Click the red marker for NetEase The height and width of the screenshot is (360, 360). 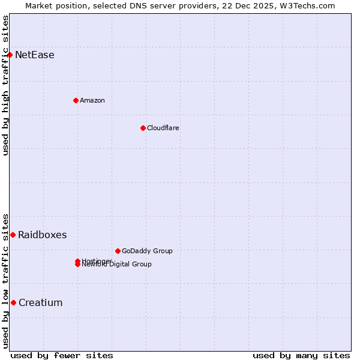tap(10, 55)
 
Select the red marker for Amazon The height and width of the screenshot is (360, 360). tap(76, 100)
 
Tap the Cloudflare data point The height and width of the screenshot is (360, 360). tap(143, 128)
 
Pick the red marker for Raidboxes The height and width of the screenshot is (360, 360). tap(13, 235)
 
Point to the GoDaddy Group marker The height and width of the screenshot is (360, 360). tap(118, 251)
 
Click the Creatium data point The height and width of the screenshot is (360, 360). tap(13, 302)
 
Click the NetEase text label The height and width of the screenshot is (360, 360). tap(35, 55)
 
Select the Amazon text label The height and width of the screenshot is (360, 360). tap(92, 100)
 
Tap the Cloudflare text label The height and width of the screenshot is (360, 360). tap(163, 128)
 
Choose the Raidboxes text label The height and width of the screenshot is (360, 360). tap(42, 235)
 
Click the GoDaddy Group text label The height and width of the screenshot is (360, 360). tap(147, 251)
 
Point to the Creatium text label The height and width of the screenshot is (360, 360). tap(40, 303)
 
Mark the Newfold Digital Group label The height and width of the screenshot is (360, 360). tap(117, 265)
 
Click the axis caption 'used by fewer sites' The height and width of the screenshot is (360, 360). tap(62, 355)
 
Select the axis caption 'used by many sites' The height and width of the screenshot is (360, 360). tap(301, 355)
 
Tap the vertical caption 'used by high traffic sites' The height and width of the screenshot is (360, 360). tap(5, 85)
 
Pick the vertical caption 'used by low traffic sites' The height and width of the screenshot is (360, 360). tap(5, 281)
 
